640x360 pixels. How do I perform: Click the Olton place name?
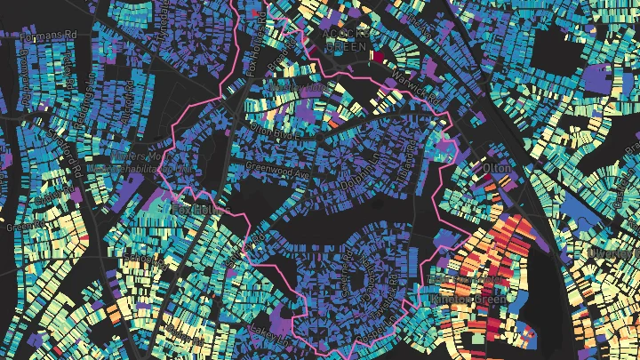(x=492, y=166)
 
